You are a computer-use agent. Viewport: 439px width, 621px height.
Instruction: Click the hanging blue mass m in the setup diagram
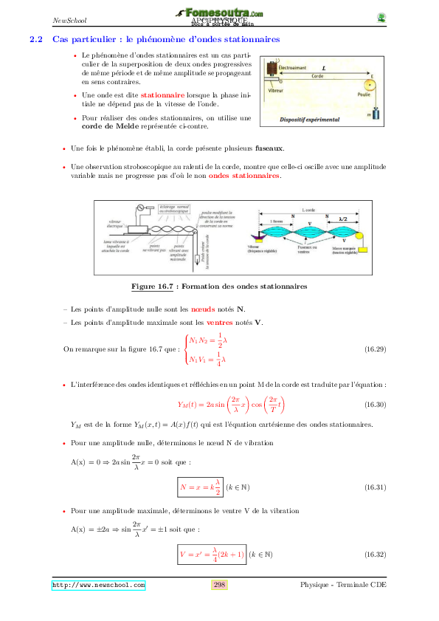[376, 114]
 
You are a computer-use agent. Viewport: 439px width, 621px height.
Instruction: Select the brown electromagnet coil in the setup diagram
[274, 70]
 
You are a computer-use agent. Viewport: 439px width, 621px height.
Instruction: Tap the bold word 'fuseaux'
[268, 148]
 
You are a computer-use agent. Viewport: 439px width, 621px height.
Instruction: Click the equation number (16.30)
[376, 405]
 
